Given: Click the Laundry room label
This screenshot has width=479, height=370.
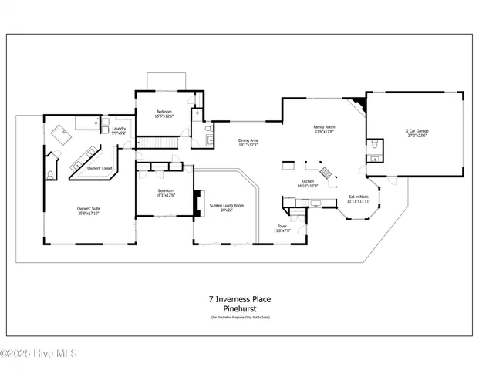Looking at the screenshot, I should [x=119, y=129].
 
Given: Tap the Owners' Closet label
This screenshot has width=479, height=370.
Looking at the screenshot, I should [x=100, y=168].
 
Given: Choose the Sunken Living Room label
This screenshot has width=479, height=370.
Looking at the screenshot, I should [x=227, y=206].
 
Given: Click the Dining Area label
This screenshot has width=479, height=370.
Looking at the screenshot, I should [x=248, y=140].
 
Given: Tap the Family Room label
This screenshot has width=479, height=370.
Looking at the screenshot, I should [x=323, y=126].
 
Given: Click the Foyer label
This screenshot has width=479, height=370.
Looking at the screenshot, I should [x=282, y=227].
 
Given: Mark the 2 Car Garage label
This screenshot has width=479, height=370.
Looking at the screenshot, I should [x=417, y=131].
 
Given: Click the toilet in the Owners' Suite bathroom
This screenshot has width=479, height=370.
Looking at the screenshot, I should [x=50, y=175].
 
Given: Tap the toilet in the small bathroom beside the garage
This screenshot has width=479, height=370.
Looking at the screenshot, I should [x=373, y=145].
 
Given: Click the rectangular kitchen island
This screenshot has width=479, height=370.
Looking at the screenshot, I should [x=289, y=165].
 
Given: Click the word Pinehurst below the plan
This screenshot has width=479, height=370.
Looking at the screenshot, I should [x=239, y=308].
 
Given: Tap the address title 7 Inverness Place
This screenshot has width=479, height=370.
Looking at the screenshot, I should [x=239, y=299].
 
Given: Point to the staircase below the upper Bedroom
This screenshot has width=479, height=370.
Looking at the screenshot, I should [x=164, y=142].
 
